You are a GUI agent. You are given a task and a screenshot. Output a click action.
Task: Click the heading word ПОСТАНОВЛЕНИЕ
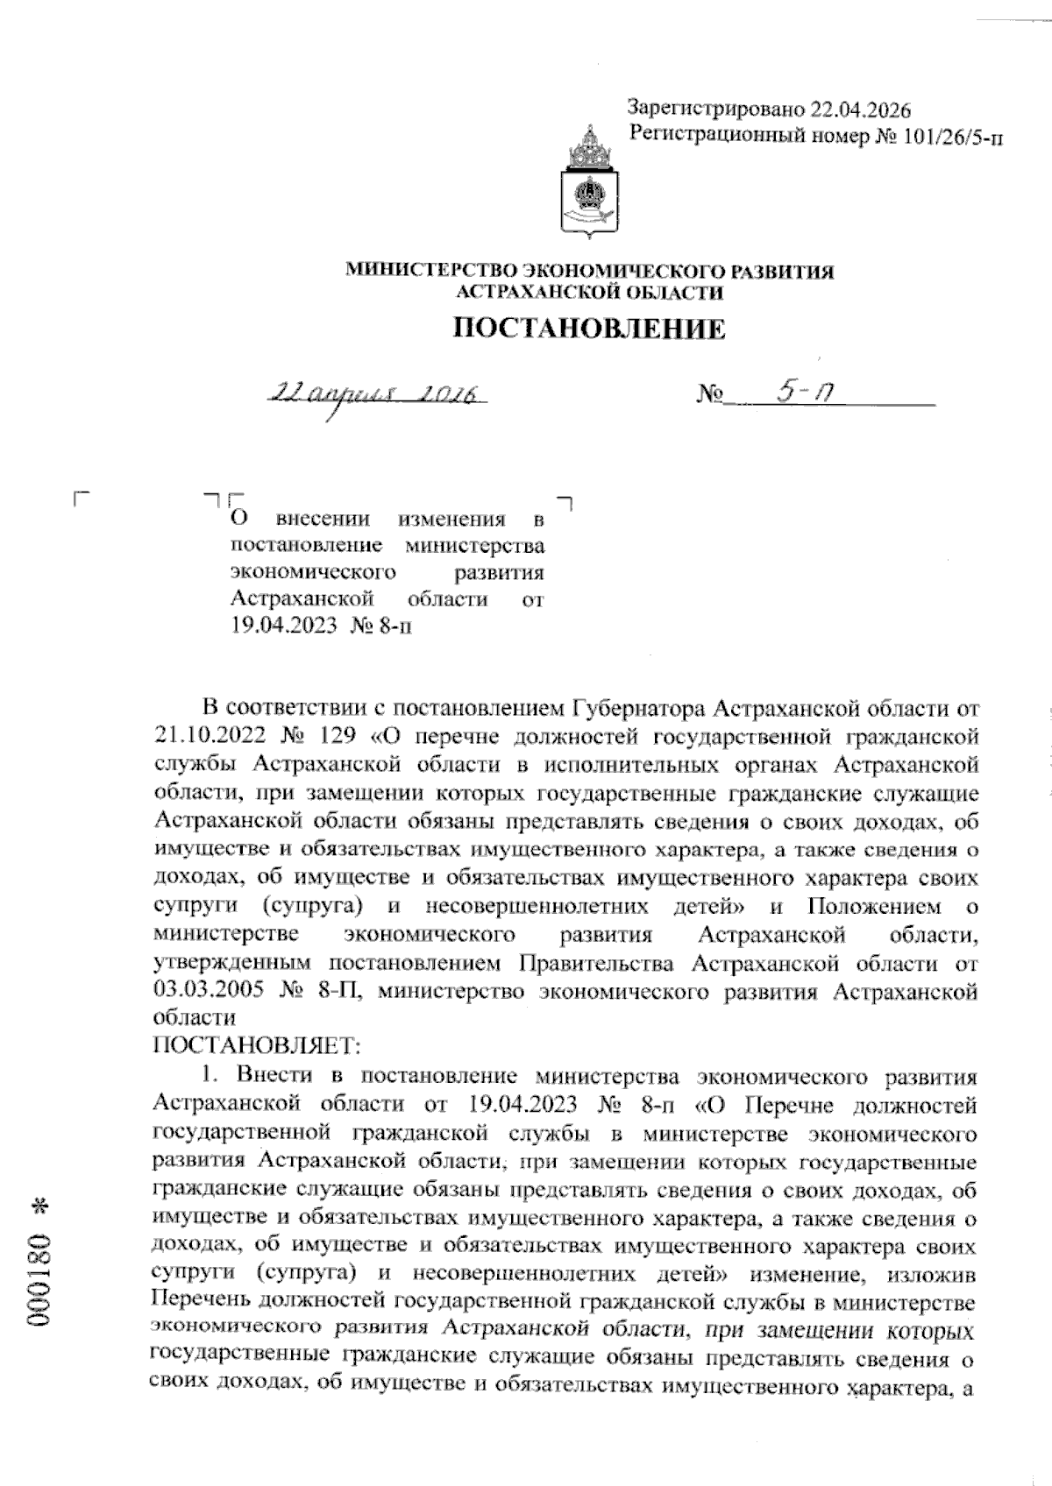point(588,329)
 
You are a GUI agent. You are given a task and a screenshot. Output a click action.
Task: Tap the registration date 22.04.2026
point(861,110)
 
